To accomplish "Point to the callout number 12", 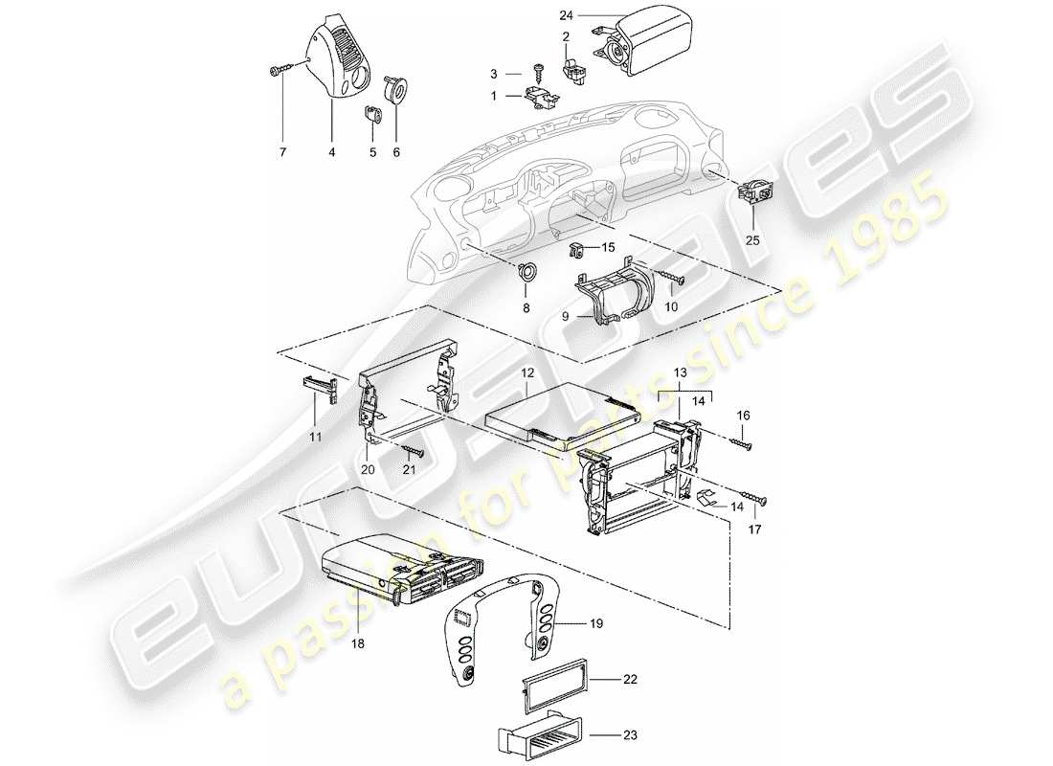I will click(x=526, y=371).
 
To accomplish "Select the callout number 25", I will click(x=752, y=240).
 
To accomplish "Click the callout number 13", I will click(x=681, y=372).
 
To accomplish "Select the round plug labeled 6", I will click(x=394, y=90).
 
